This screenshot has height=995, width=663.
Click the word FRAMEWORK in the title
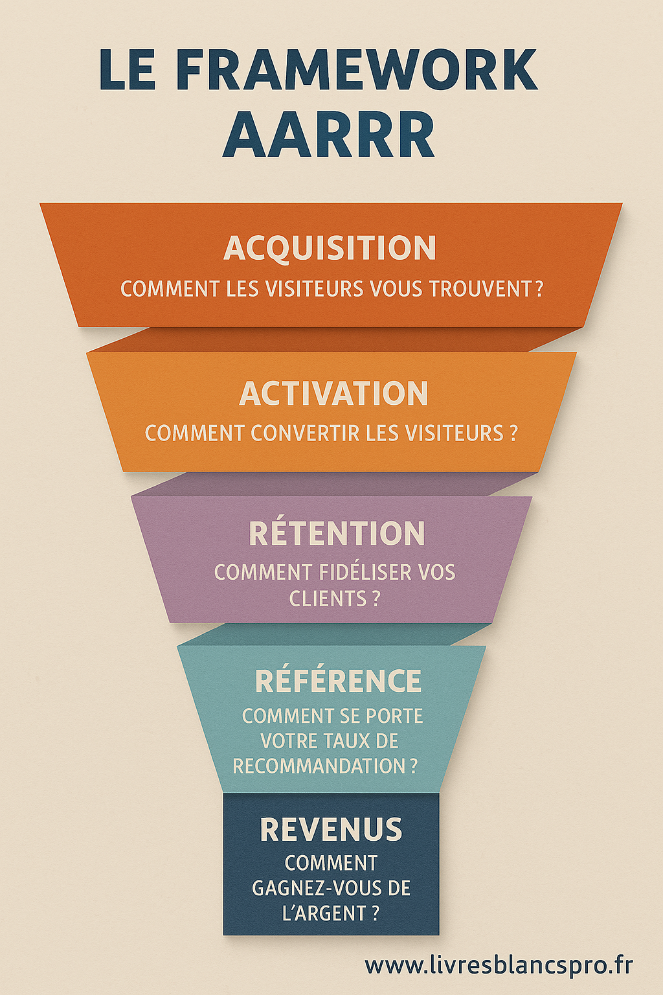[357, 69]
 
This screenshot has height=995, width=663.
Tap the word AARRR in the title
[328, 135]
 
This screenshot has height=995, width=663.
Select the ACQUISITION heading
[330, 248]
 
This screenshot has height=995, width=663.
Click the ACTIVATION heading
[333, 393]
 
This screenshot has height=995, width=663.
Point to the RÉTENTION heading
[337, 534]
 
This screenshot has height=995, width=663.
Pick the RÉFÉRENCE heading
[338, 681]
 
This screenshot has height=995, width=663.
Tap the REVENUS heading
[331, 830]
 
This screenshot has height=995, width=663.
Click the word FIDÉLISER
[366, 573]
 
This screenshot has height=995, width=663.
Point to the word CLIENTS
[327, 599]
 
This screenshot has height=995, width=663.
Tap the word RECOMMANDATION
[319, 766]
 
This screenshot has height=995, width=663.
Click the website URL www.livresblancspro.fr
[499, 965]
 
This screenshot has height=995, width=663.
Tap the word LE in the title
[128, 69]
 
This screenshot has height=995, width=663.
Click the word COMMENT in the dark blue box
[331, 863]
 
